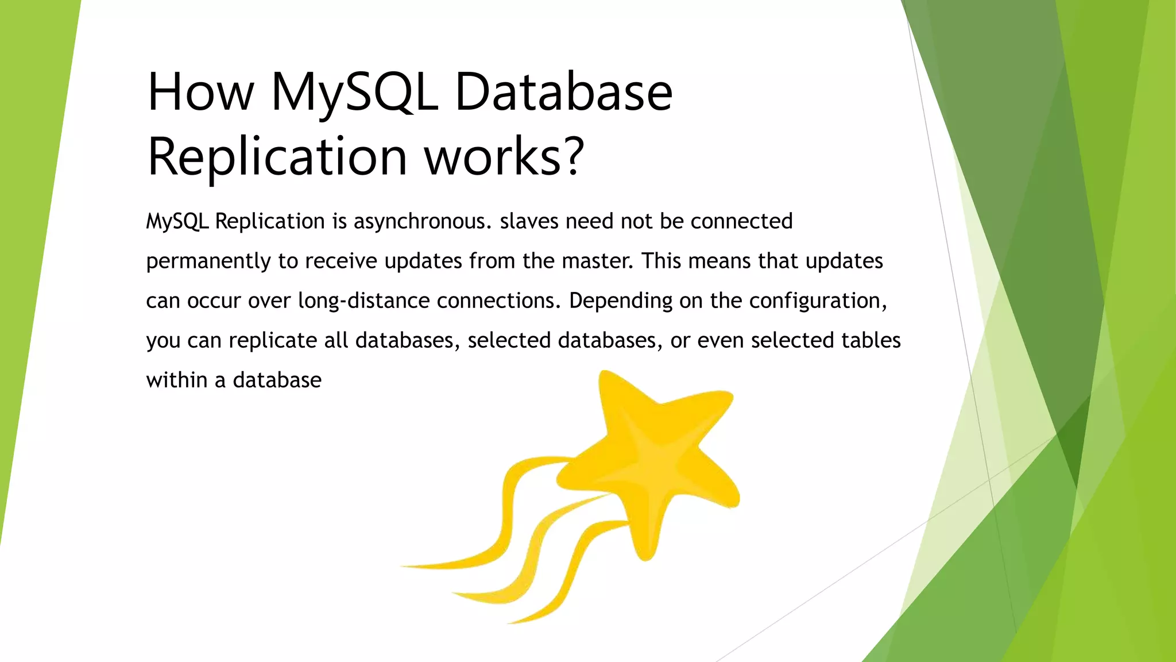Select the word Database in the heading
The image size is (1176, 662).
pyautogui.click(x=563, y=92)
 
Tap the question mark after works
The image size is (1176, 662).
pyautogui.click(x=573, y=156)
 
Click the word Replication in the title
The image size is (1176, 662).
pyautogui.click(x=277, y=156)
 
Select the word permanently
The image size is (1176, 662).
pyautogui.click(x=208, y=261)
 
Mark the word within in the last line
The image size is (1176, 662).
pyautogui.click(x=177, y=380)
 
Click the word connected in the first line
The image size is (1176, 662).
pyautogui.click(x=741, y=221)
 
